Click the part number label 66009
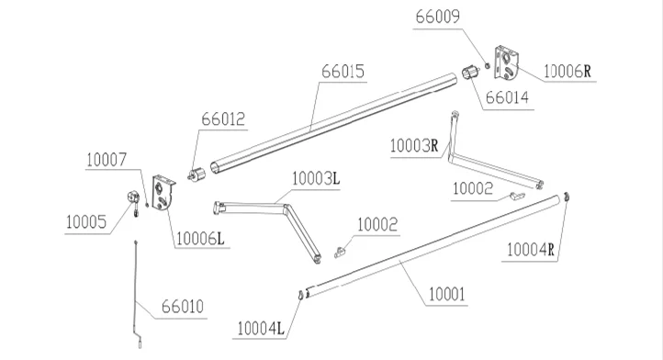tap(437, 17)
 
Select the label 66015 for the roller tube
tap(343, 72)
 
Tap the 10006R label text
tap(567, 72)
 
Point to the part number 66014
tap(507, 97)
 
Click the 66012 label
tap(223, 119)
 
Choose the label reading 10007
tap(107, 160)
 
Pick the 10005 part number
tap(86, 222)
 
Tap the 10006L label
tap(200, 239)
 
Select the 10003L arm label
tap(316, 179)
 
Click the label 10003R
tap(414, 146)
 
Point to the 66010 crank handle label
tap(183, 307)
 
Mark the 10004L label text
tap(261, 329)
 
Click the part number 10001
tap(446, 295)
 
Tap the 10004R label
tap(530, 250)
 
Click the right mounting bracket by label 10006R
tap(507, 63)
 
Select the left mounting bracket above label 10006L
tap(163, 193)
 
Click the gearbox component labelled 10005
tap(134, 198)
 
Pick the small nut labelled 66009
tap(487, 65)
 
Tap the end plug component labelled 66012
tap(196, 175)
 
